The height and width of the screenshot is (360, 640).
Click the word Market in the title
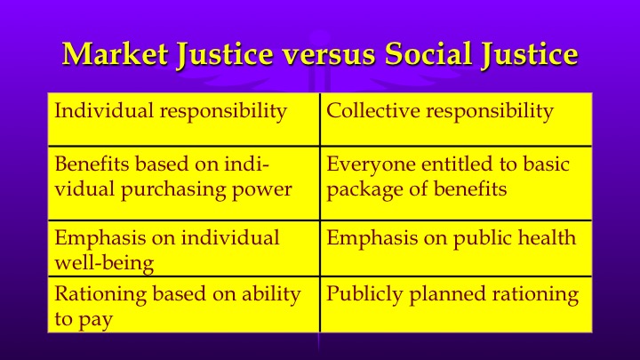coord(110,55)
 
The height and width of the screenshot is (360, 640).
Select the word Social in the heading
coord(427,55)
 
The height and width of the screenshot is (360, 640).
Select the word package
coord(359,189)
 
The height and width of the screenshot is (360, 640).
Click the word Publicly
coord(361,294)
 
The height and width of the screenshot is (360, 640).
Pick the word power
coord(265,189)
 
